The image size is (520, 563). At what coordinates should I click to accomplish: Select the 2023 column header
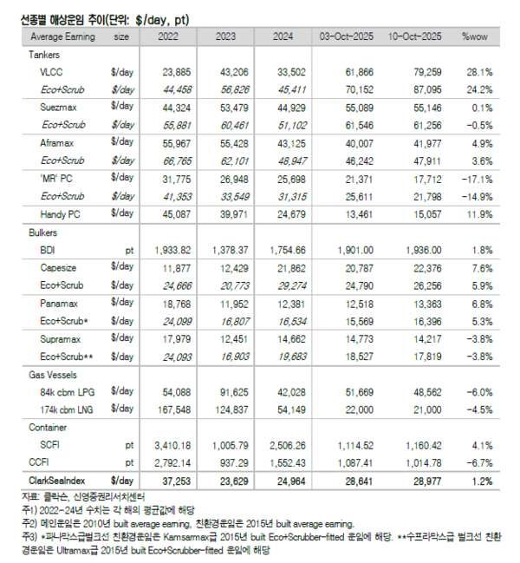tap(224, 36)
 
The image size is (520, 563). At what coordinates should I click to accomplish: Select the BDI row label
tap(47, 249)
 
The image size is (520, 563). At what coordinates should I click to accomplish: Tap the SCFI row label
tap(50, 445)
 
